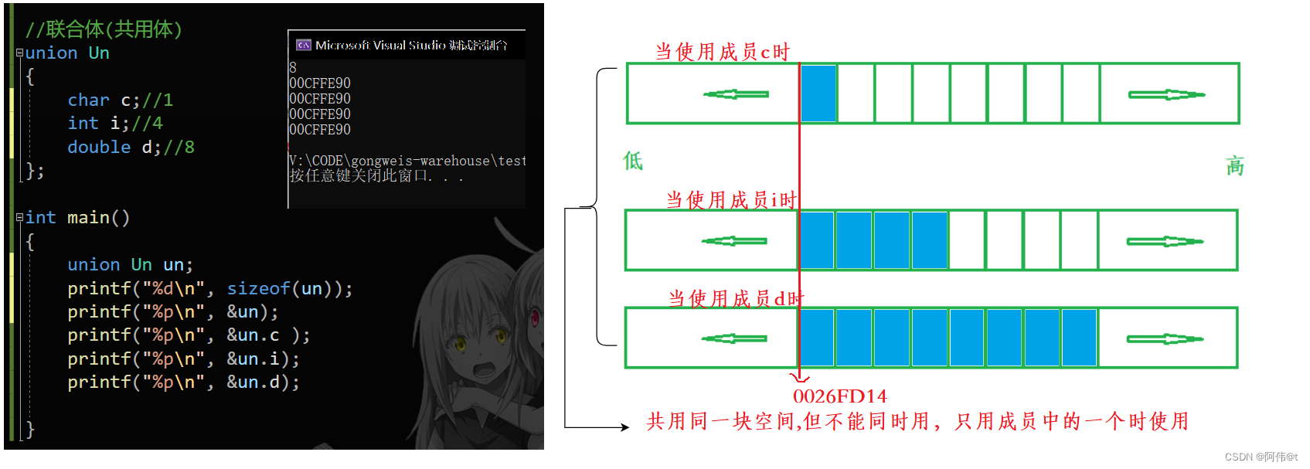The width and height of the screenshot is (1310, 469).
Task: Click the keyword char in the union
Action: coord(88,100)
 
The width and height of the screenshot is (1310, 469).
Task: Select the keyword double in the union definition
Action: coord(99,148)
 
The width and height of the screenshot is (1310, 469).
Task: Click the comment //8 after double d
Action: coord(179,148)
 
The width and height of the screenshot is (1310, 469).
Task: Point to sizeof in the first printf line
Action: coord(258,289)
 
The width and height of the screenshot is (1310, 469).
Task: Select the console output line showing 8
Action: coord(293,68)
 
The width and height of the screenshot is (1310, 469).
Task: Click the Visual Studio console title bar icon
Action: coord(304,45)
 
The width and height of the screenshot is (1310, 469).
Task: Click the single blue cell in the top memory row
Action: coord(818,93)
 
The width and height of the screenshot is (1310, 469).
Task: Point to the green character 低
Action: coord(633,161)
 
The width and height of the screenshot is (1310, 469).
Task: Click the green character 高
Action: coord(1235,166)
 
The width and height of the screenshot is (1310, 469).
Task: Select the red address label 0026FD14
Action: coord(839,396)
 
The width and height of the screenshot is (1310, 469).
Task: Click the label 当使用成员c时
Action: coord(723,52)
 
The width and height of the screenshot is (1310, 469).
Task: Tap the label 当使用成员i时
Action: coord(731,200)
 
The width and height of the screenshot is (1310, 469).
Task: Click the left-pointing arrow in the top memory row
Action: coord(736,94)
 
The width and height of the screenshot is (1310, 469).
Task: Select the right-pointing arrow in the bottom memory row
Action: coord(1165,338)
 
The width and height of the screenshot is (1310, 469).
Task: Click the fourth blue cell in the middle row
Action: coord(930,240)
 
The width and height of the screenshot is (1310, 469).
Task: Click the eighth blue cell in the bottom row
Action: coord(1080,338)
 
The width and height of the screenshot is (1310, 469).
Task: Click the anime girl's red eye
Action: coord(533,316)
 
